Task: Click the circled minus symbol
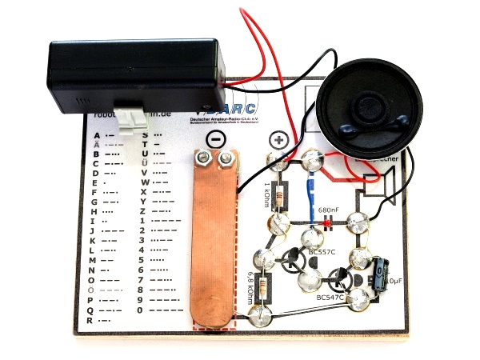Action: coord(214,139)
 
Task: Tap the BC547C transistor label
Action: coord(330,298)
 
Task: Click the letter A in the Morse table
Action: coord(95,134)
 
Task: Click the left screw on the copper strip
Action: coord(205,162)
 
